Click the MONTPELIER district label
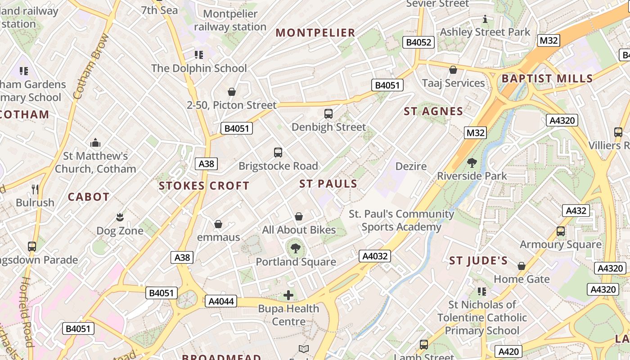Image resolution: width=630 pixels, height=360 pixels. pyautogui.click(x=315, y=32)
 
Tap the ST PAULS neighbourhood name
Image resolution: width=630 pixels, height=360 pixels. pyautogui.click(x=328, y=184)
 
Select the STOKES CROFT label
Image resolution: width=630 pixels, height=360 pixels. pyautogui.click(x=204, y=185)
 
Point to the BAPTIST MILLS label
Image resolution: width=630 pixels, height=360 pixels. pyautogui.click(x=547, y=78)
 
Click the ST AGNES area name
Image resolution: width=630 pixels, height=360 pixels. pyautogui.click(x=433, y=111)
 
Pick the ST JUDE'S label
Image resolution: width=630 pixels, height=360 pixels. pyautogui.click(x=478, y=261)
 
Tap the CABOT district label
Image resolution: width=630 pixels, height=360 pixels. pyautogui.click(x=89, y=197)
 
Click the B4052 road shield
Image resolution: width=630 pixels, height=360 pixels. pyautogui.click(x=419, y=43)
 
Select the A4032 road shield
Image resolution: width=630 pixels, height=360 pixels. pyautogui.click(x=375, y=256)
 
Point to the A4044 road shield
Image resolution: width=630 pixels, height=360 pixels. pyautogui.click(x=221, y=301)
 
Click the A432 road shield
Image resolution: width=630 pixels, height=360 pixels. pyautogui.click(x=576, y=211)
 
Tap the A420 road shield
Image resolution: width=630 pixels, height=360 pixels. pyautogui.click(x=509, y=351)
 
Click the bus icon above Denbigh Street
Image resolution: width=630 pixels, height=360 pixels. pyautogui.click(x=328, y=114)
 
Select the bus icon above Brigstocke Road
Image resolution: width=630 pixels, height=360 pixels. pyautogui.click(x=278, y=153)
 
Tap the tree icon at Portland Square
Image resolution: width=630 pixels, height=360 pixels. pyautogui.click(x=296, y=248)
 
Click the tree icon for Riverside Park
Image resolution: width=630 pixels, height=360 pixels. pyautogui.click(x=472, y=162)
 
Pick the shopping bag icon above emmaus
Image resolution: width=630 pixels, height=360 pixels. pyautogui.click(x=218, y=224)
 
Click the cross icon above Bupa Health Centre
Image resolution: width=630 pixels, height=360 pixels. pyautogui.click(x=288, y=295)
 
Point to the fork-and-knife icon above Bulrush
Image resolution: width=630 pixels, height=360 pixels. pyautogui.click(x=35, y=189)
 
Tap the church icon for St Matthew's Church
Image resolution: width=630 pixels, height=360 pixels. pyautogui.click(x=95, y=143)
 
